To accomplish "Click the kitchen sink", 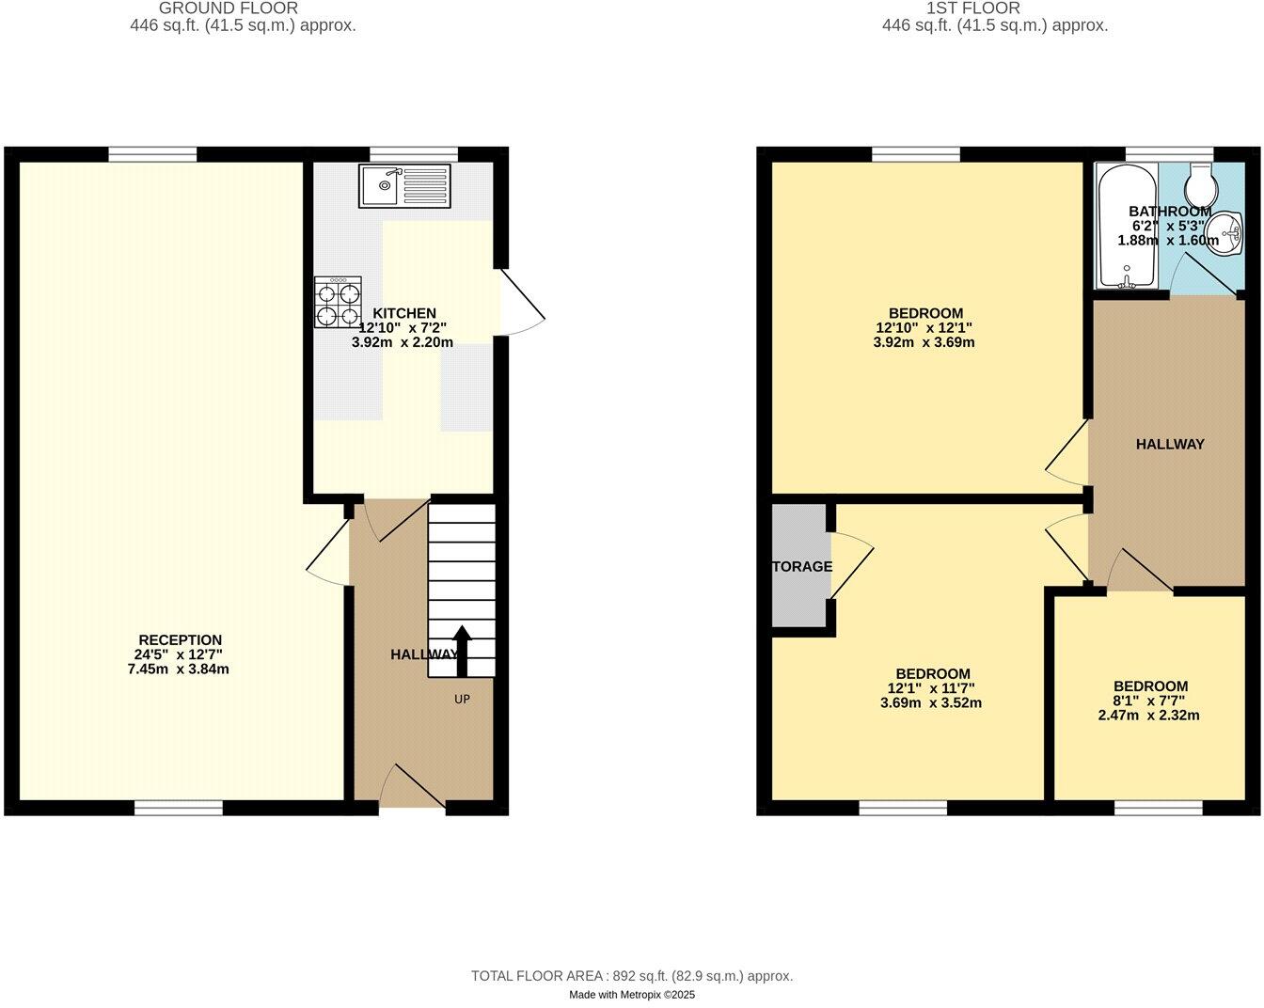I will point(404,186).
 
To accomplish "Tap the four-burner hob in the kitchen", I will point(338,302).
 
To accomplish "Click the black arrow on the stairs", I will point(462,651).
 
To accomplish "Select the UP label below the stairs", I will point(462,699).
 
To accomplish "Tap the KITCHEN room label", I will point(404,313).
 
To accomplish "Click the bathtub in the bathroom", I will point(1127,226).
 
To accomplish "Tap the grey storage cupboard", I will point(799,566).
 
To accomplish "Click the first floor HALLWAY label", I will point(1169,444).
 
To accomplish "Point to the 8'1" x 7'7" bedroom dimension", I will point(1149,701).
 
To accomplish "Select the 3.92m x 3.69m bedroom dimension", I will point(924,342).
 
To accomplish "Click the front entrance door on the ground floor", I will point(412,788).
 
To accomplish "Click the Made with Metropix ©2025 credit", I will point(632,994).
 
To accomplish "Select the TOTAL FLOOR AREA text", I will point(632,976).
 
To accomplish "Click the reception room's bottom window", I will point(179,808).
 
